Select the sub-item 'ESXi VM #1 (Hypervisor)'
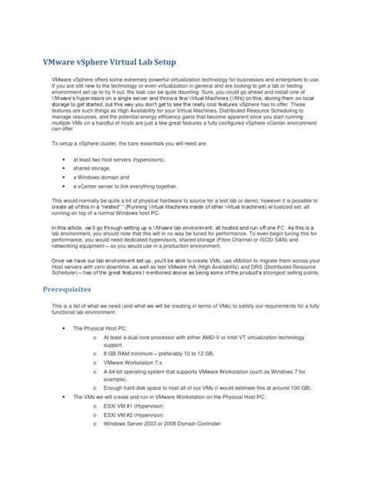coord(140,408)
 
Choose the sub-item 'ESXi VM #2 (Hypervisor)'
coord(140,416)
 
